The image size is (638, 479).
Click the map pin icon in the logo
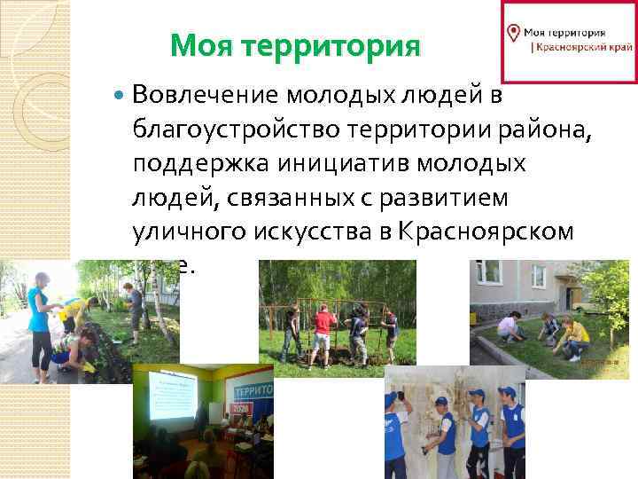[512, 33]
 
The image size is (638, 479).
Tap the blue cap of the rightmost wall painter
[507, 391]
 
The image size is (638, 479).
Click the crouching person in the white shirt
[509, 328]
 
